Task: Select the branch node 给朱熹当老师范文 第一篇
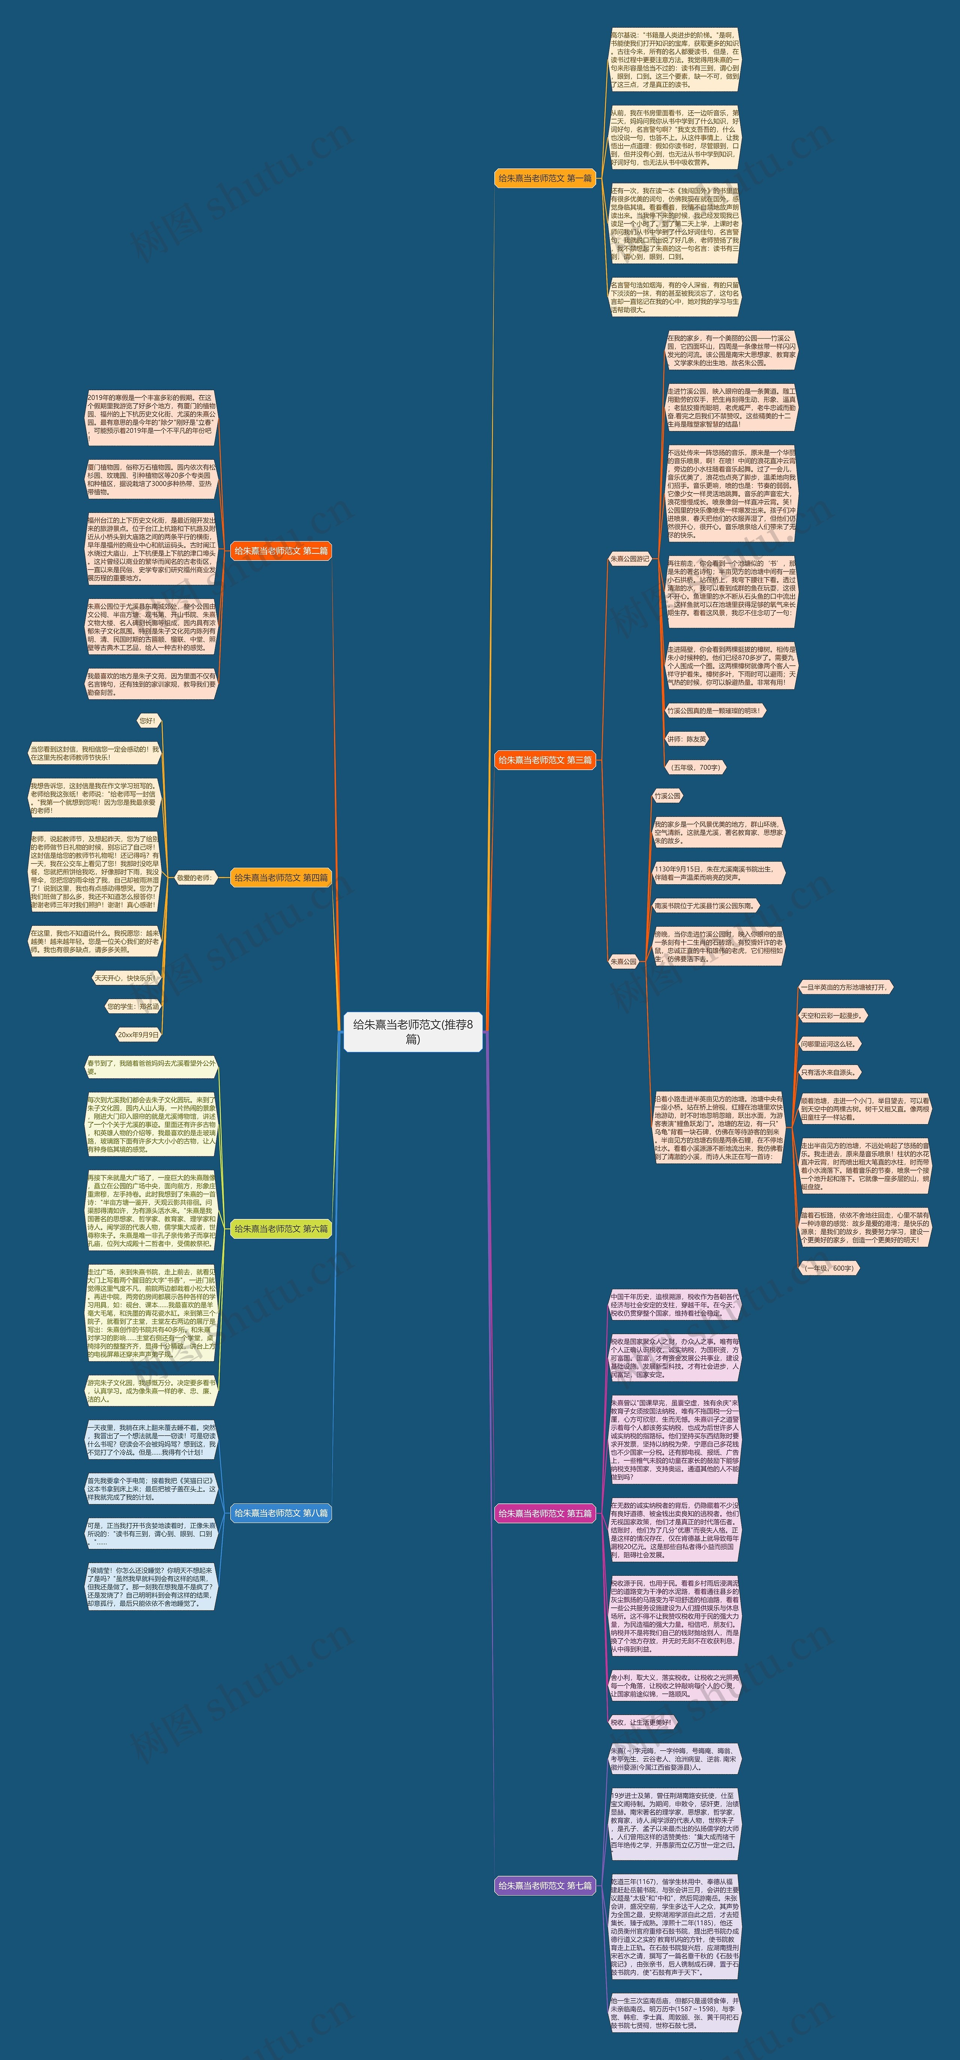[545, 178]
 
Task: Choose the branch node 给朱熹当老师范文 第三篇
[545, 760]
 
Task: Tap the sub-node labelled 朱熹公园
[624, 961]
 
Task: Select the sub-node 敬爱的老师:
[194, 877]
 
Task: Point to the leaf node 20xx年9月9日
[138, 1034]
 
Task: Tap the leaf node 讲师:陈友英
[687, 739]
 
